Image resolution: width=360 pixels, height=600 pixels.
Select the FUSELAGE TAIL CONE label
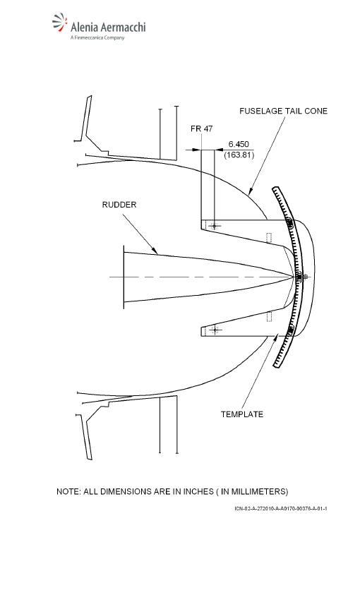tap(284, 111)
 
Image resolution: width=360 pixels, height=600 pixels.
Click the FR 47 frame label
tap(202, 128)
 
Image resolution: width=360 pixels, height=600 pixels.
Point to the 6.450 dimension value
tap(239, 144)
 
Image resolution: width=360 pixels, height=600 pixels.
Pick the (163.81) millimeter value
tap(239, 155)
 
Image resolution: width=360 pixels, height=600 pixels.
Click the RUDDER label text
tap(119, 205)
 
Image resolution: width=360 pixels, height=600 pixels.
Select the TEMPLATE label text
tap(242, 414)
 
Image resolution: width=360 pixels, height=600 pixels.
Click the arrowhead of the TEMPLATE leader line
tap(276, 336)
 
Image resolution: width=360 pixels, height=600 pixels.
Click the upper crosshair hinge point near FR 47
tap(215, 226)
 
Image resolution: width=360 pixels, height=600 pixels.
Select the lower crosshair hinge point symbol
tap(215, 330)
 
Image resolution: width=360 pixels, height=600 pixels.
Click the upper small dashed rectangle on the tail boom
tap(270, 238)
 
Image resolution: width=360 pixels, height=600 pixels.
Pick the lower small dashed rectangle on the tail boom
tap(270, 317)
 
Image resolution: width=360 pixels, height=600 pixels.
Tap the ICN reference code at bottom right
tap(281, 508)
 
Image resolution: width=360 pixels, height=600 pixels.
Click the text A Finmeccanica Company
tap(97, 37)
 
